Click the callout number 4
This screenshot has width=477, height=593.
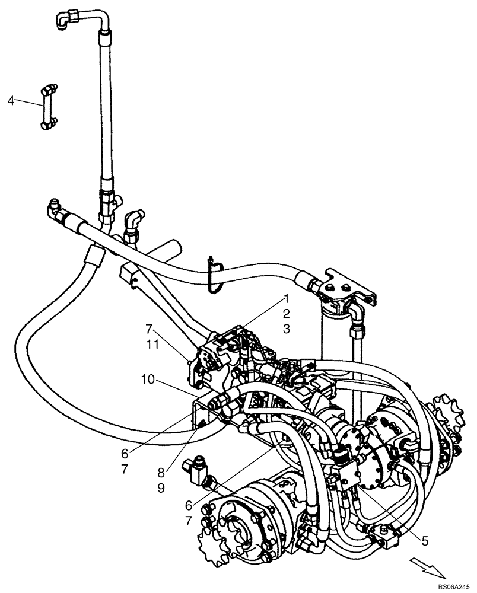[x=11, y=100]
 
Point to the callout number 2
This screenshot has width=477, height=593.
[x=286, y=314]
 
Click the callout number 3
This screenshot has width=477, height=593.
[x=286, y=329]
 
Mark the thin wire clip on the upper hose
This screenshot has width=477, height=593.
[x=214, y=273]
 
